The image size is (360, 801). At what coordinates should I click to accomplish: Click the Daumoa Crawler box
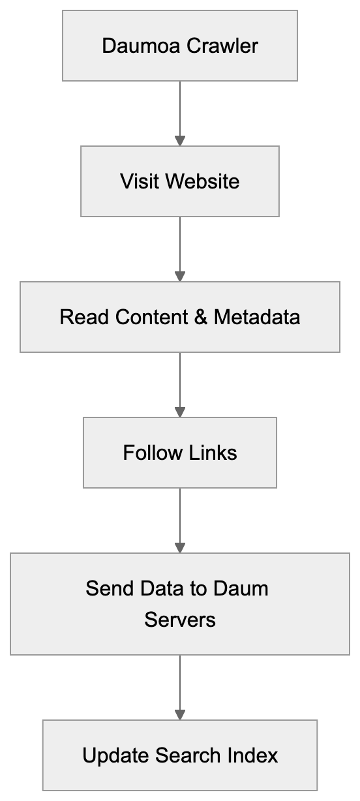[x=180, y=46]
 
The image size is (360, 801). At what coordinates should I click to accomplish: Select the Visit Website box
[x=180, y=181]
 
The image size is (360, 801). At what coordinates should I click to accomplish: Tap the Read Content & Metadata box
[x=180, y=317]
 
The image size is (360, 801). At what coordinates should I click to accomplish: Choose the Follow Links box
[x=180, y=453]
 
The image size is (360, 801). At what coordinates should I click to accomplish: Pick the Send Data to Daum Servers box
[x=180, y=603]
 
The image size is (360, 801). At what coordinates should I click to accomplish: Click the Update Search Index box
[x=180, y=755]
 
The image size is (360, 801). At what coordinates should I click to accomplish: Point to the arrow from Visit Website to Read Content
[x=180, y=248]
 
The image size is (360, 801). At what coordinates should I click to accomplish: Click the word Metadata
[x=257, y=317]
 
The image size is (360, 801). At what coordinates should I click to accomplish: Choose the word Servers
[x=180, y=619]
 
